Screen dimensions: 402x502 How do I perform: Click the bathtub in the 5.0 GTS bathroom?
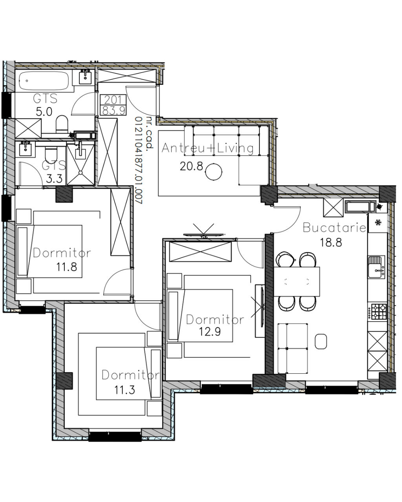(x=44, y=81)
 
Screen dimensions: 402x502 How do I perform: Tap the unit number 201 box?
(x=113, y=100)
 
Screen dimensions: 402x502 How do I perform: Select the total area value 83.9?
(x=113, y=110)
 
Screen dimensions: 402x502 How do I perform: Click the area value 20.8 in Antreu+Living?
(x=191, y=166)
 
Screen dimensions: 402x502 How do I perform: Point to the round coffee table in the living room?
(x=214, y=172)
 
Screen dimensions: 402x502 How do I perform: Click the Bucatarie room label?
(x=334, y=227)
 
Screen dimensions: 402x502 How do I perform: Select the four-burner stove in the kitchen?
(x=377, y=311)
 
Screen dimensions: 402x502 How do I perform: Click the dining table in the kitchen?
(x=297, y=282)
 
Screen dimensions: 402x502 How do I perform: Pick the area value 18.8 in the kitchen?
(x=331, y=242)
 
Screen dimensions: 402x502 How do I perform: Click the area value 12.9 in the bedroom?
(x=210, y=331)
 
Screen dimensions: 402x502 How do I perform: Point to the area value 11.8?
(x=67, y=267)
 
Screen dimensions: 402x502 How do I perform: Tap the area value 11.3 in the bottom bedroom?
(x=124, y=390)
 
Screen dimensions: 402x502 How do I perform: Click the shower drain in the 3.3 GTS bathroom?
(x=80, y=173)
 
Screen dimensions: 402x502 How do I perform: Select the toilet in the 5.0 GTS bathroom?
(x=62, y=123)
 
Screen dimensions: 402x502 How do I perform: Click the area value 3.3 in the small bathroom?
(x=54, y=179)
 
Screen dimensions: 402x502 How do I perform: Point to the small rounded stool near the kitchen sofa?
(x=321, y=341)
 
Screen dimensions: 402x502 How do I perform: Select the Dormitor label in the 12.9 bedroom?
(x=215, y=320)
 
